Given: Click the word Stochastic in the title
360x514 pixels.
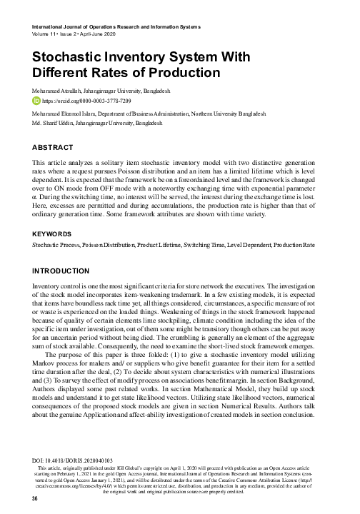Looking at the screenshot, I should click(67, 59).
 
